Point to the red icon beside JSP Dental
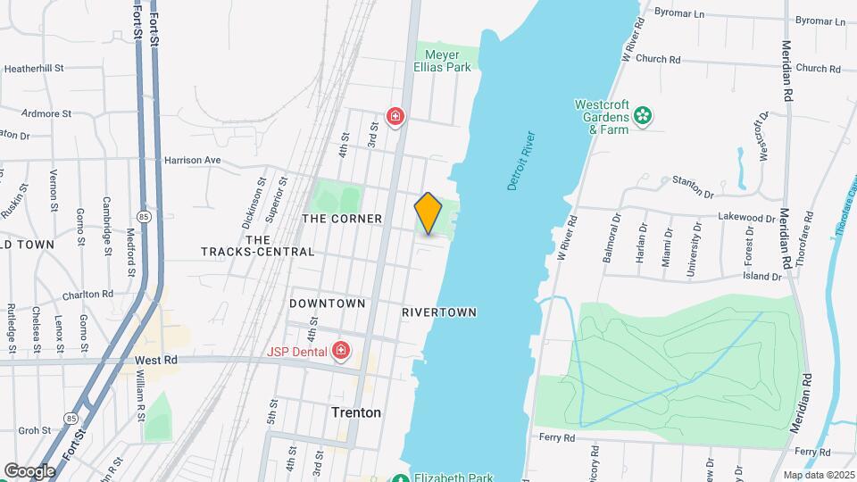(339, 352)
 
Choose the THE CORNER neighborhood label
(342, 219)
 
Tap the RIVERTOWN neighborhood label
(439, 312)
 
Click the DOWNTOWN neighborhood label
(328, 303)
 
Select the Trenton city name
(356, 413)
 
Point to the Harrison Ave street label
(192, 161)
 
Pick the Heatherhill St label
(34, 68)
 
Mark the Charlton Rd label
(87, 294)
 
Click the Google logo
(29, 470)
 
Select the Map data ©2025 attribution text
(818, 475)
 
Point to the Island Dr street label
(763, 276)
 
